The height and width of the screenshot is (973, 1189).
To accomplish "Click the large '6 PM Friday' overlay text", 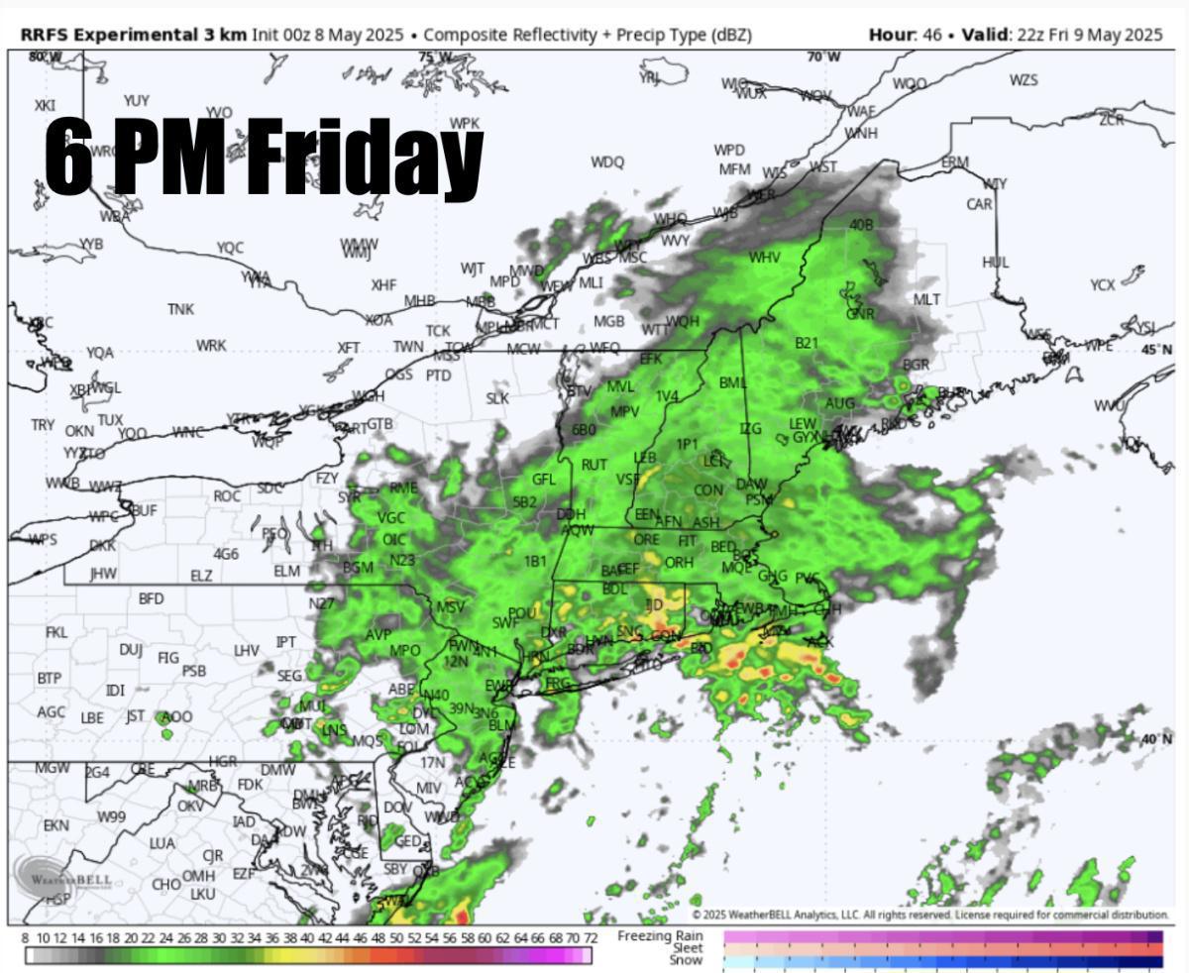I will tap(263, 156).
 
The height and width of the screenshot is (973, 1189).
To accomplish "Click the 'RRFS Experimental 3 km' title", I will tap(133, 35).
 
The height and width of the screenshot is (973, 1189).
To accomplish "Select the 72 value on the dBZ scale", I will tap(590, 937).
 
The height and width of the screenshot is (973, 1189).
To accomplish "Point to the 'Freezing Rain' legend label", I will tap(660, 935).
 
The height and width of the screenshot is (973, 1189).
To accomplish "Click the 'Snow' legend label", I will tap(686, 960).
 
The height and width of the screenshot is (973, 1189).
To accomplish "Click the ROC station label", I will tap(227, 495).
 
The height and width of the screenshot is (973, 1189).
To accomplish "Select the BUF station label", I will tap(145, 509).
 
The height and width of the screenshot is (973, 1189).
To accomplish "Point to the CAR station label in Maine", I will tap(979, 204).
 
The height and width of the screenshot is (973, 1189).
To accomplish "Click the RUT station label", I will tap(594, 465).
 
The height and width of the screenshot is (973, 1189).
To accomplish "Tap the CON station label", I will tap(707, 489).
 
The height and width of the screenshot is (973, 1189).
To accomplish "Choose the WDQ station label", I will tap(607, 162).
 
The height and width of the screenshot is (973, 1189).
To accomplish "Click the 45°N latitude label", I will tap(1156, 350).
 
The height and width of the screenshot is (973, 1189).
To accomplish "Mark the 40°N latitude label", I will tap(1156, 739).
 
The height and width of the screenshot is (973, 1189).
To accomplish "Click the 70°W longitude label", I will tap(822, 56).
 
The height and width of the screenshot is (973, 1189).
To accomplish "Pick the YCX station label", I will tap(1103, 285).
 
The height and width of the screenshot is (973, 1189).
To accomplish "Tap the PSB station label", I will tap(194, 671).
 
